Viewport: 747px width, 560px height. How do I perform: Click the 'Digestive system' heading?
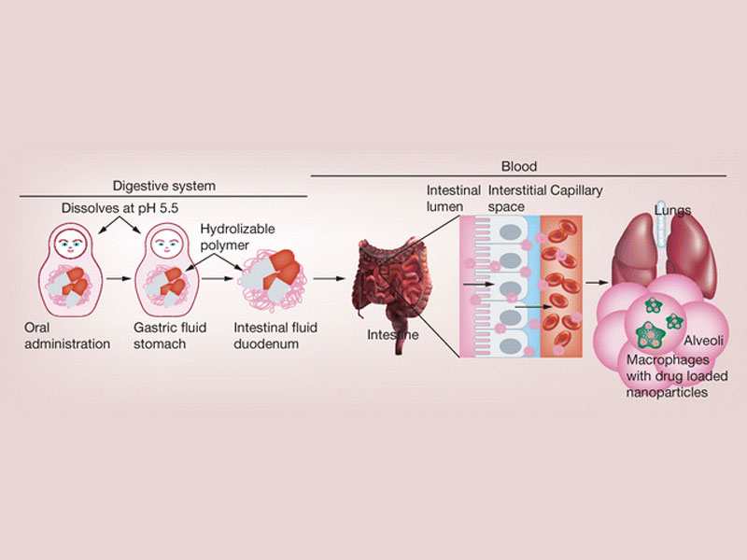(x=163, y=185)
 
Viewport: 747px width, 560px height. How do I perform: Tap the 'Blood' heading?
(x=518, y=166)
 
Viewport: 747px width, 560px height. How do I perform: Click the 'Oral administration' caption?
(x=67, y=336)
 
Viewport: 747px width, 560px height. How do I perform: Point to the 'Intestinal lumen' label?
(x=453, y=198)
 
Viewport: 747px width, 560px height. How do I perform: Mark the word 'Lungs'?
(x=672, y=211)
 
